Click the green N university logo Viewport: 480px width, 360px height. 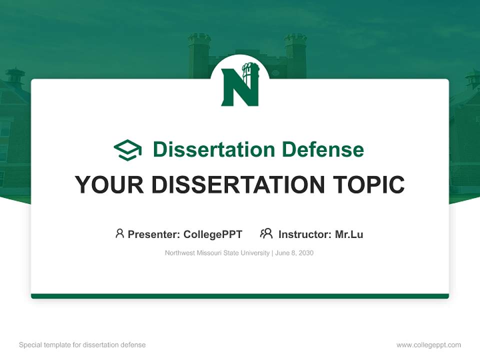(240, 86)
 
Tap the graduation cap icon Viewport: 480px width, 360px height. (127, 149)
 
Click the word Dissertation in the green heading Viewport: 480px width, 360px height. (213, 149)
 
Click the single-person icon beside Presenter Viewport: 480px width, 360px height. (119, 233)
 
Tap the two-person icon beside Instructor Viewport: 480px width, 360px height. (266, 233)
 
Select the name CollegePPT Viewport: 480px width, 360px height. (213, 234)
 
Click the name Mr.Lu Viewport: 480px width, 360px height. (349, 234)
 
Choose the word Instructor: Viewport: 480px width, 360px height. (304, 234)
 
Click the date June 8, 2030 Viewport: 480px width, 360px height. (294, 253)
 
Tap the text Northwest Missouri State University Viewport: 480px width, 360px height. (217, 253)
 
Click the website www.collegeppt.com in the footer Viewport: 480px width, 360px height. (428, 345)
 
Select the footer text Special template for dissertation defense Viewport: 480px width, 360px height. (82, 345)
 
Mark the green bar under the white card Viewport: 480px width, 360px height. (240, 296)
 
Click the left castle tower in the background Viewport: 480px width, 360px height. (199, 55)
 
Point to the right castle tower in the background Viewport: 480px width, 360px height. (295, 55)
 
